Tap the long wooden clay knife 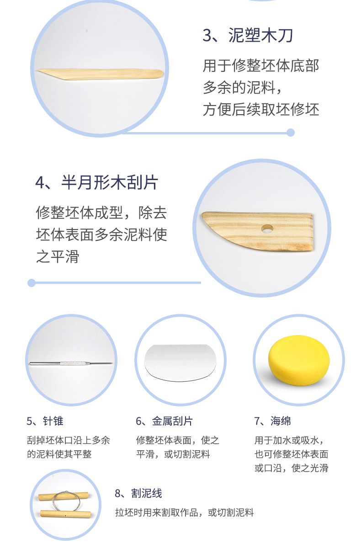pyautogui.click(x=100, y=74)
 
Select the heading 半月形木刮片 pyautogui.click(x=110, y=182)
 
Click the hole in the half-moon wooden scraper pyautogui.click(x=267, y=229)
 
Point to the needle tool pyautogui.click(x=71, y=363)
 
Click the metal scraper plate pyautogui.click(x=180, y=362)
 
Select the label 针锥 pyautogui.click(x=53, y=421)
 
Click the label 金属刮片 pyautogui.click(x=172, y=421)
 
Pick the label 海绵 pyautogui.click(x=281, y=421)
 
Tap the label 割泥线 pyautogui.click(x=147, y=493)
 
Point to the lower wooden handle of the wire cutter pyautogui.click(x=66, y=514)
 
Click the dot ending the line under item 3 pyautogui.click(x=290, y=133)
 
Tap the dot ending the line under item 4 pyautogui.click(x=32, y=283)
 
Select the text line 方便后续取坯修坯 pyautogui.click(x=261, y=109)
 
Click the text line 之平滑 pyautogui.click(x=58, y=256)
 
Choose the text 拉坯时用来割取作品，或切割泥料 pyautogui.click(x=184, y=513)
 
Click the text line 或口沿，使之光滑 pyautogui.click(x=292, y=468)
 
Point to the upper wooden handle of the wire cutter pyautogui.click(x=64, y=496)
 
